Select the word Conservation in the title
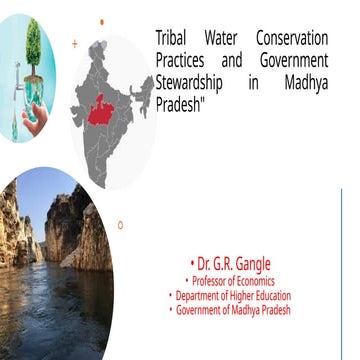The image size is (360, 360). pyautogui.click(x=292, y=38)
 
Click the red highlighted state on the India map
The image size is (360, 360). pyautogui.click(x=99, y=111)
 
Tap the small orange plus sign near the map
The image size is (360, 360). pyautogui.click(x=75, y=44)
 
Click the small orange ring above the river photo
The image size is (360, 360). pyautogui.click(x=120, y=225)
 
